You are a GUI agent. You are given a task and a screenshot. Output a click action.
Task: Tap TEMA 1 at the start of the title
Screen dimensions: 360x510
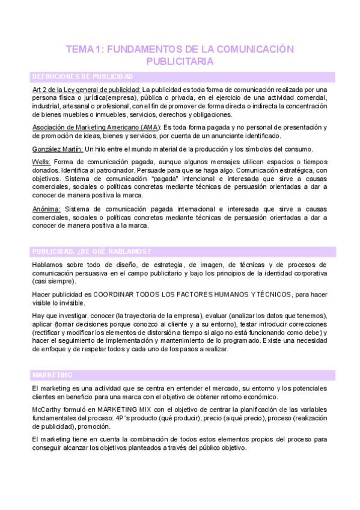tap(85, 49)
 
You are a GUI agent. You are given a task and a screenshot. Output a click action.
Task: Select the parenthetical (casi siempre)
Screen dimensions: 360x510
tap(54, 281)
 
